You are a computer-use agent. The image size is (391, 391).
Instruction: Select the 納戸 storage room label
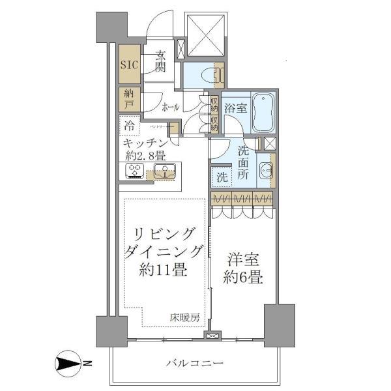[129, 99]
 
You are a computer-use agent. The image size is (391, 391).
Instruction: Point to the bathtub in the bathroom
[263, 113]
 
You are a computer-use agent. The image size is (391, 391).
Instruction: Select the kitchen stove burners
[135, 171]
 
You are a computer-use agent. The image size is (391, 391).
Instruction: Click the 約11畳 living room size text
[161, 270]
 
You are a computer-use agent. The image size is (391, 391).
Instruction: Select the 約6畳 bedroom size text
[243, 278]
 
